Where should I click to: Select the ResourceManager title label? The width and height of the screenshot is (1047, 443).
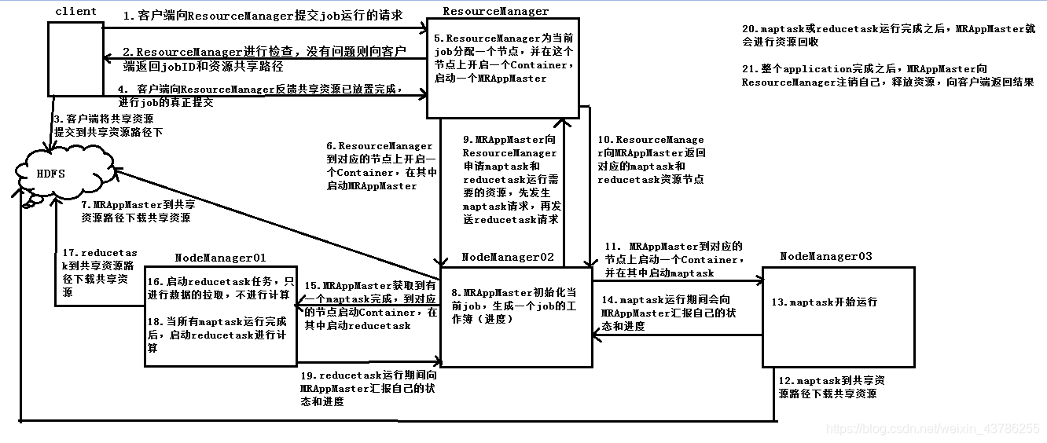tap(495, 11)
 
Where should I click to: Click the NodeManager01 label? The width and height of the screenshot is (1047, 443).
tap(220, 258)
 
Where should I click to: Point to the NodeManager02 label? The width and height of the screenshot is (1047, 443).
tap(508, 258)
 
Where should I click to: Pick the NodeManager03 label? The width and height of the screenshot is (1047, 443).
tap(826, 257)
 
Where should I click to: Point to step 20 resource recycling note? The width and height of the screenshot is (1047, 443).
tap(888, 36)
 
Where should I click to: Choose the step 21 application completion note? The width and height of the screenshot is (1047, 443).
tap(887, 75)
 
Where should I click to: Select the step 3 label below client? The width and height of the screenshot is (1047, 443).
tap(108, 126)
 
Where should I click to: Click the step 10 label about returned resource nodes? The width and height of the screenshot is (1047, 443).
tap(651, 159)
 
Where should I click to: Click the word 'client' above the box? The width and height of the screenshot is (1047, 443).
tap(76, 11)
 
